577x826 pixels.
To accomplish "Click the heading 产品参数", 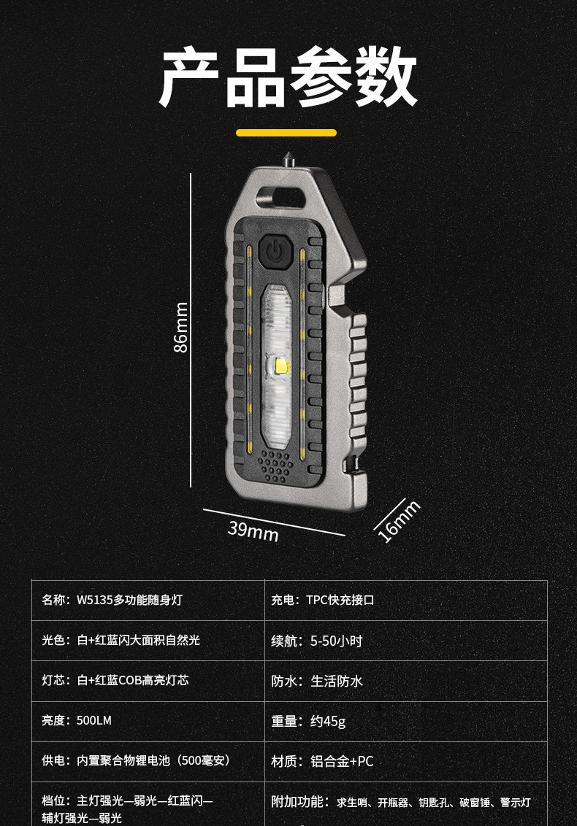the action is point(288,79).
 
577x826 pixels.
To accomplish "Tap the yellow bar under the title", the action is point(286,133).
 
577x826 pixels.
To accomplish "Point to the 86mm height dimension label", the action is point(181,327).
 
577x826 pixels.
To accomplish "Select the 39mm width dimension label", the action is point(253,530).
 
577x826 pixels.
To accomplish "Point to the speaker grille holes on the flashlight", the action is point(275,465).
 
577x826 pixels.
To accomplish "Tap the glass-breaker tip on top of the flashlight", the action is point(286,157).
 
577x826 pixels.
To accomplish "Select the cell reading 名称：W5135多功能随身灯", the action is point(112,600).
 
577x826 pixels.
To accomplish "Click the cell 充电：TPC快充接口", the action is point(323,600).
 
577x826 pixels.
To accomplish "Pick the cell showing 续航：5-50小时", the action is point(317,641).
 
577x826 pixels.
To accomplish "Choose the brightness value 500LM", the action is point(94,720).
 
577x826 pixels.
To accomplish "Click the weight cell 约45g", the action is point(328,721).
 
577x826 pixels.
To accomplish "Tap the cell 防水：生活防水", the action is point(317,681).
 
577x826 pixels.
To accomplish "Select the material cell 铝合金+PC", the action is point(342,761).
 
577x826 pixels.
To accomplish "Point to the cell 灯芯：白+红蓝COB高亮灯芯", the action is point(115,680).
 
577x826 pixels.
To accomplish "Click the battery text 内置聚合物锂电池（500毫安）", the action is point(153,760).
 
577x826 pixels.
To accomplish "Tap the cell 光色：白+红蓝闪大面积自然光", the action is point(121,640).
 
